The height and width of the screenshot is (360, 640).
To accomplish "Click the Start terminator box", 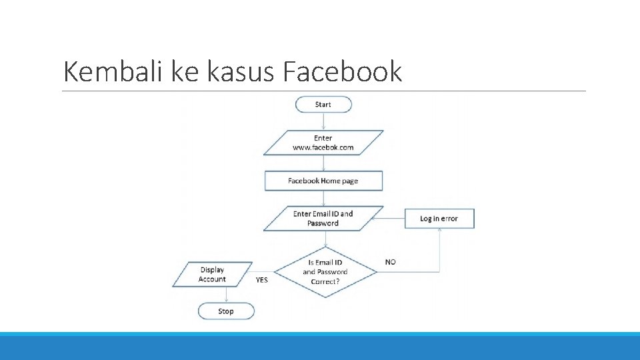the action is click(323, 105).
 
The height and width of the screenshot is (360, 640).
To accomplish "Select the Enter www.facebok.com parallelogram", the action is click(323, 143).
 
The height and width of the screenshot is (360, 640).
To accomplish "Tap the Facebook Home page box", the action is click(323, 181).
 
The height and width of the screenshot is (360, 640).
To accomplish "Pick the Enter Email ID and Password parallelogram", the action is click(323, 219).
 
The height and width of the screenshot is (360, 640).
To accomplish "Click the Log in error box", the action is click(439, 219).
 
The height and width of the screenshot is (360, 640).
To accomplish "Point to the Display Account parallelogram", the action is click(212, 275).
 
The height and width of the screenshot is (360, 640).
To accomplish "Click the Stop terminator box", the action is click(226, 311).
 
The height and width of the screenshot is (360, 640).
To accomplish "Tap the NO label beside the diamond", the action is click(390, 262).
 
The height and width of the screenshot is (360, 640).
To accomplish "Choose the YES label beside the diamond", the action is click(262, 280).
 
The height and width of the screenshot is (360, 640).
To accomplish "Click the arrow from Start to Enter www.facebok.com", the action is click(323, 121).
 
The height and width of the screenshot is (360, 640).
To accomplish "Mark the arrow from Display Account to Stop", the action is click(226, 295).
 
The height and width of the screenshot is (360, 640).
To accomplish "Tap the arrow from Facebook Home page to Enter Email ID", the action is click(323, 198).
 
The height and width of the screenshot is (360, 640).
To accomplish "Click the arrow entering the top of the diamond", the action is click(324, 239).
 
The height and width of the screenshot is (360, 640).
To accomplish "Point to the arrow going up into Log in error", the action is click(439, 250).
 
